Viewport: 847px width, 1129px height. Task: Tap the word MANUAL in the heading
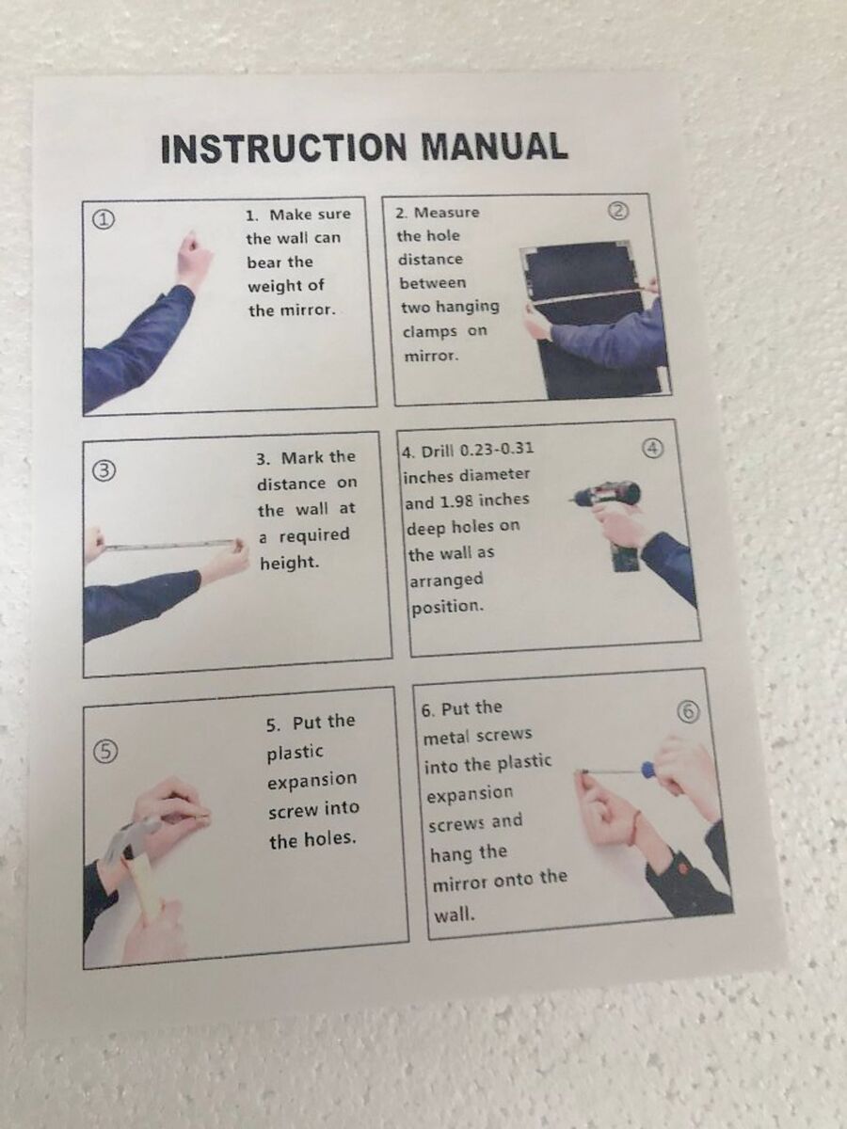495,146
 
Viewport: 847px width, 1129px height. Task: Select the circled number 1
104,219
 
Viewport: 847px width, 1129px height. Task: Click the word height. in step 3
289,564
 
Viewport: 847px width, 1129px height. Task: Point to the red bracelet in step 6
638,824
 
